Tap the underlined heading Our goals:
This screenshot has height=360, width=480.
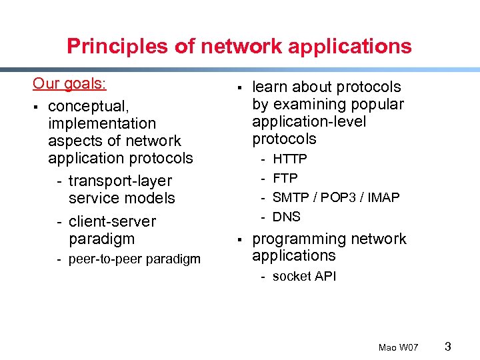pos(70,84)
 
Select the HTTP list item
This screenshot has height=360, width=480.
pos(290,159)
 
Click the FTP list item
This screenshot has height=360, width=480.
pos(285,178)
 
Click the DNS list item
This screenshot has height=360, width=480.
pos(287,217)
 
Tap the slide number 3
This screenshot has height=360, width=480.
pos(448,346)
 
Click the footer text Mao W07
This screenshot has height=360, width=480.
pos(398,347)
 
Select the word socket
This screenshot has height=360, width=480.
pos(291,276)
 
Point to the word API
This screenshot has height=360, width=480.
pos(325,276)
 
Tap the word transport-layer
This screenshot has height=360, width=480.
pos(120,181)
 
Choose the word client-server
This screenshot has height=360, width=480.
pos(113,221)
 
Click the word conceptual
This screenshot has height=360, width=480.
pos(87,107)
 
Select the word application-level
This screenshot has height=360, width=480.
pos(309,121)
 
